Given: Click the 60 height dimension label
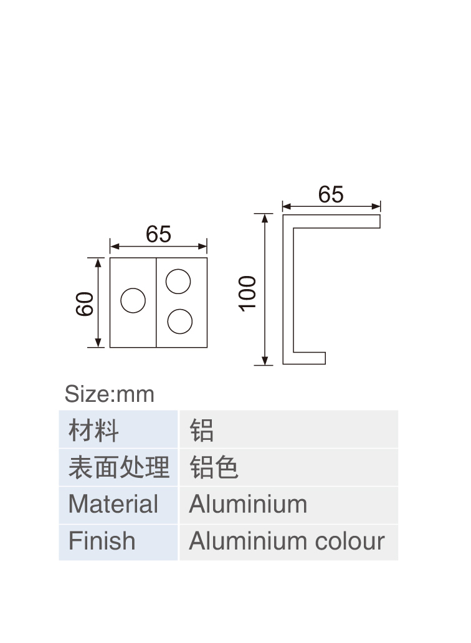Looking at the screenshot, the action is [x=85, y=303].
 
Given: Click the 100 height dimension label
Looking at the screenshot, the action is [x=247, y=293].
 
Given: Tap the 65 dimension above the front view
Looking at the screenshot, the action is [x=158, y=234].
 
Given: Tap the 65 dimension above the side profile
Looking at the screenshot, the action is [x=331, y=194].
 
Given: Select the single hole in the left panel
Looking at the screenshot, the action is [x=133, y=300].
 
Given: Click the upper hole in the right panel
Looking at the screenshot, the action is [x=178, y=282].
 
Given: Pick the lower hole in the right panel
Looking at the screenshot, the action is [x=179, y=321].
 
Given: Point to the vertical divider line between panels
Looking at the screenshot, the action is [x=156, y=303].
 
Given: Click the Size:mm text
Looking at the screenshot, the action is [x=110, y=394].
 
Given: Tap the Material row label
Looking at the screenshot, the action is [x=113, y=504].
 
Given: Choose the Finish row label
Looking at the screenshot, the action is [x=102, y=540].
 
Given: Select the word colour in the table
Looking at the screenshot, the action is [x=350, y=541].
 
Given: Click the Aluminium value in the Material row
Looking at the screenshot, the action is [x=248, y=504].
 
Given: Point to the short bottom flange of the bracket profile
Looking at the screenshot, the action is [x=309, y=358].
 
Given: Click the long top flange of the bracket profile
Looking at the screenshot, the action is [x=336, y=221].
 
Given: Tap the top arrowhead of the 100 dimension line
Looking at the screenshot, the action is [x=265, y=218].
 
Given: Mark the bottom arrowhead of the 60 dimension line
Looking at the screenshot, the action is [x=98, y=343].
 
